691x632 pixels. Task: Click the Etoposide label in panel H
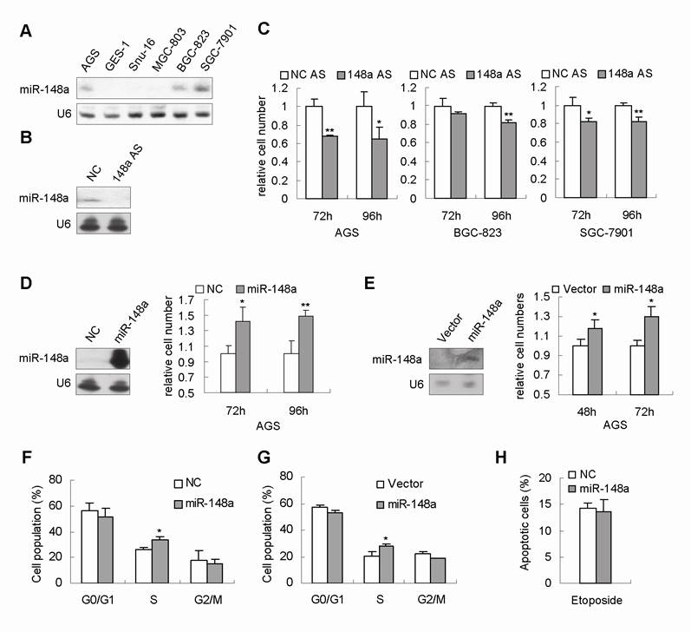[x=602, y=600]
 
